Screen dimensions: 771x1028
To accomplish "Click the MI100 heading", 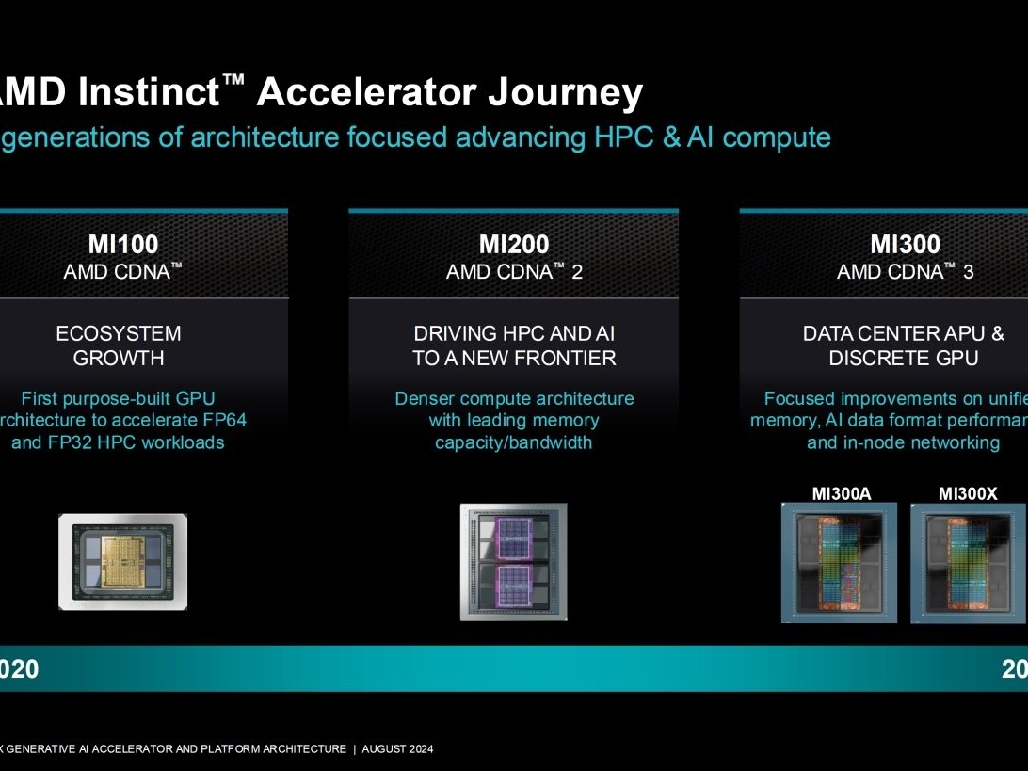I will pos(122,245).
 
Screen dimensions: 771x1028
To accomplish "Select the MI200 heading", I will pos(514,245).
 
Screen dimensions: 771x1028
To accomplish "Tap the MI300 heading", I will pos(905,245).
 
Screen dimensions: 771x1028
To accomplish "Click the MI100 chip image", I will pos(122,562).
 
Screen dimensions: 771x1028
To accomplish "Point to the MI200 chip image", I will pos(513,562).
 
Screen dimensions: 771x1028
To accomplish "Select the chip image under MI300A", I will pos(839,562).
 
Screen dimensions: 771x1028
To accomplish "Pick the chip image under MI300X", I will pos(968,562).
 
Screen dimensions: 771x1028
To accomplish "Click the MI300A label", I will pos(840,493).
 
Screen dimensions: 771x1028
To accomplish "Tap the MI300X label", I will pos(968,493).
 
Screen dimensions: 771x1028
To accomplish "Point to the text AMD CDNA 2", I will pos(514,272).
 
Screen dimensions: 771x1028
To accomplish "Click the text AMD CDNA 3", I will pos(905,272).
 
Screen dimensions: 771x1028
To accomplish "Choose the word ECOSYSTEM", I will pos(119,333).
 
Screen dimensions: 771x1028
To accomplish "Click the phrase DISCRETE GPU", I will pos(904,358).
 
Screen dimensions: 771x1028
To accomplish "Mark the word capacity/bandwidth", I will pos(513,442).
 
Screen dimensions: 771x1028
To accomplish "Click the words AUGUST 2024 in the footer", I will pos(397,749).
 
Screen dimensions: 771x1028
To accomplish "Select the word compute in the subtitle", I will pos(777,137).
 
